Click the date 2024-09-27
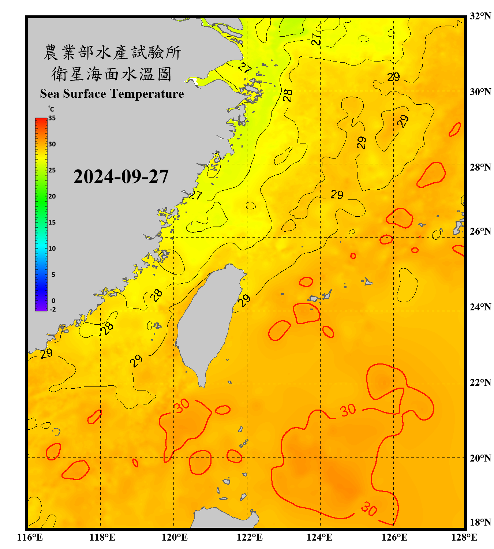tap(121, 177)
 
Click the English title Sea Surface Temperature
tap(112, 94)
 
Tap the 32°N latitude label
tap(480, 16)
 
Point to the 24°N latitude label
tap(480, 307)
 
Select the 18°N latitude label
tap(480, 522)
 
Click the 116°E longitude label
tap(30, 537)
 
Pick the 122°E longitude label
tap(250, 537)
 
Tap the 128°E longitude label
tap(464, 537)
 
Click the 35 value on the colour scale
tap(52, 118)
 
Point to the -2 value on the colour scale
tap(53, 310)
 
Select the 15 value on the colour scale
tap(52, 223)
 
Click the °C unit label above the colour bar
tap(51, 109)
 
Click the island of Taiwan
tap(207, 322)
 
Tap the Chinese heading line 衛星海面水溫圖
tap(112, 74)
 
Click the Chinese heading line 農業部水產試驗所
tap(112, 52)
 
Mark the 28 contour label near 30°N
tap(288, 96)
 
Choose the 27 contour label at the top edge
tap(316, 39)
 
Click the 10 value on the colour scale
tap(52, 249)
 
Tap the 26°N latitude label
tap(480, 231)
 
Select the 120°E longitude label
tap(175, 537)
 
